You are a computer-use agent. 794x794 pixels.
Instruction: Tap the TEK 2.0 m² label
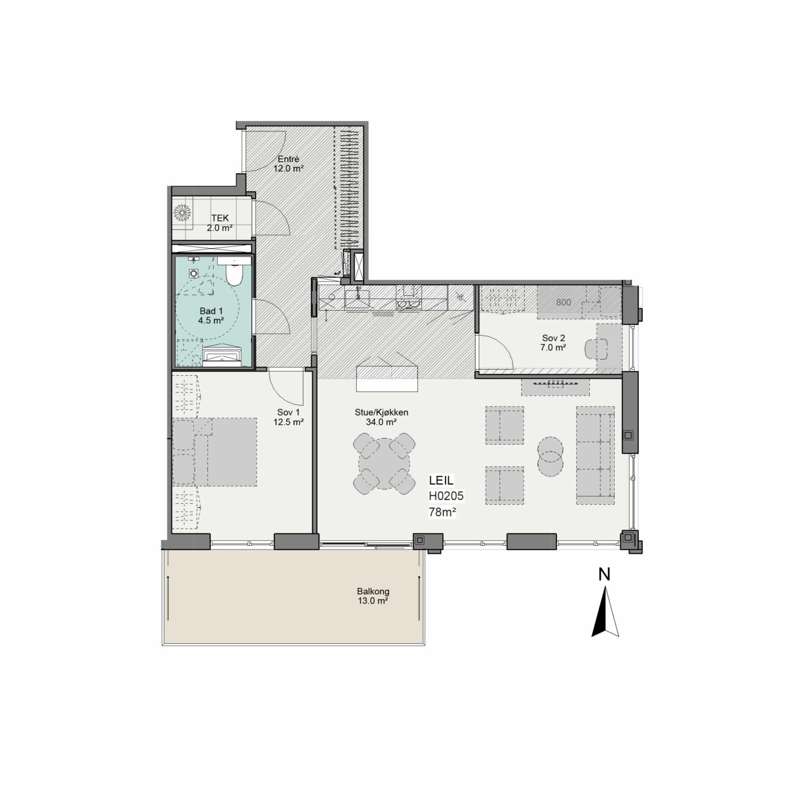220,223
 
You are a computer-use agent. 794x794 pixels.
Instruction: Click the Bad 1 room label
211,316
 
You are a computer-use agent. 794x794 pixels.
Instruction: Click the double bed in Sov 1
214,452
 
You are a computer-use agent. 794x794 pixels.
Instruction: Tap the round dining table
384,463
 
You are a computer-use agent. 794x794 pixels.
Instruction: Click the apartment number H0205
446,496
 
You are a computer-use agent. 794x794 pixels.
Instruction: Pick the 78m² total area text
442,512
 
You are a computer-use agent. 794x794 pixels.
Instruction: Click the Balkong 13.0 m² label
373,595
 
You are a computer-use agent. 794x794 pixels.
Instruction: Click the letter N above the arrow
604,574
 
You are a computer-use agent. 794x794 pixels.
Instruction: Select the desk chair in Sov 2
596,349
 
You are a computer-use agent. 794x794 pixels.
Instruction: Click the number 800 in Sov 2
563,303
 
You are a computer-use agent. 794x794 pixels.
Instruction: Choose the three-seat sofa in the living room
595,455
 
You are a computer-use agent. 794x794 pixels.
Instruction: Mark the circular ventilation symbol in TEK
182,213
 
